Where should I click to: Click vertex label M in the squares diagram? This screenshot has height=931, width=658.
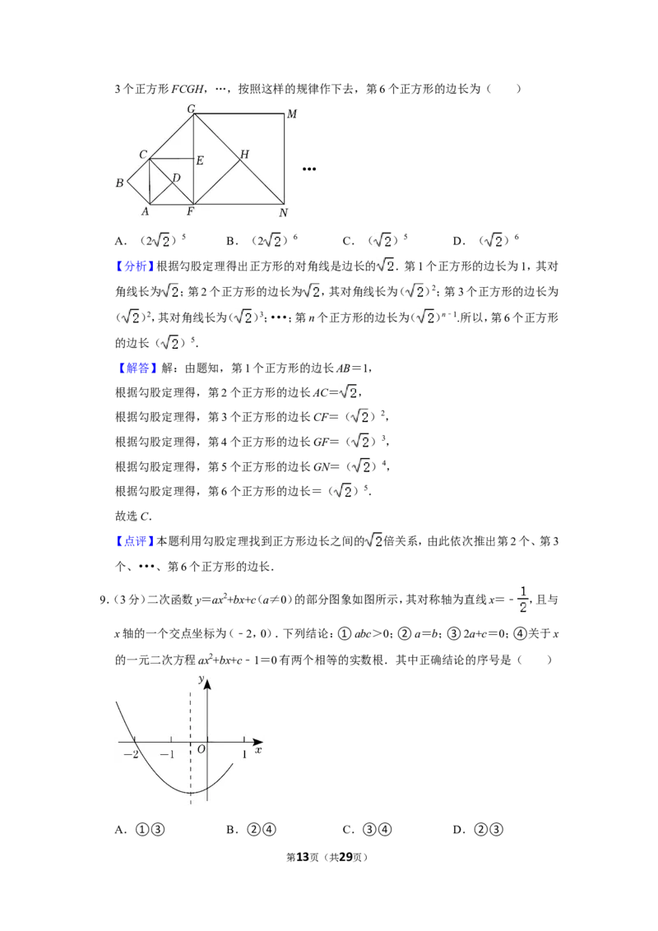292,113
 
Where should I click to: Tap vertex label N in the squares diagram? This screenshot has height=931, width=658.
283,212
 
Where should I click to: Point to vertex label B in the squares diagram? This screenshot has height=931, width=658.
119,183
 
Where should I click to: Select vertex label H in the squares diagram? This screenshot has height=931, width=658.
244,155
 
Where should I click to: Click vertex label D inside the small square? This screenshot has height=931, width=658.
176,178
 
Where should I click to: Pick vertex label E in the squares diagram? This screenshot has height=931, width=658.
200,160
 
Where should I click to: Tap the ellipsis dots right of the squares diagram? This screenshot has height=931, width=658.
308,169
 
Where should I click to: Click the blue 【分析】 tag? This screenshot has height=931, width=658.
136,266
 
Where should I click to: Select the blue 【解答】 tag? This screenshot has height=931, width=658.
136,368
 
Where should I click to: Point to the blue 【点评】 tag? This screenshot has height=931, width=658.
136,541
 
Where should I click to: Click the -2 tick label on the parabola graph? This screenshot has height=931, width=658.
131,755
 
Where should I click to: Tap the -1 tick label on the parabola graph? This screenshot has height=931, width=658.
168,755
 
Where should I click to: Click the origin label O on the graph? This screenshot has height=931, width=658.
202,749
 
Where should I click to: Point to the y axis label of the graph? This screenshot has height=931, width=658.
202,679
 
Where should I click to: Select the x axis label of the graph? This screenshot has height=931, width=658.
258,751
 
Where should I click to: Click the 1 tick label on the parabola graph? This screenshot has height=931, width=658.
244,755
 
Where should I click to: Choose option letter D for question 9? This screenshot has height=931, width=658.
458,830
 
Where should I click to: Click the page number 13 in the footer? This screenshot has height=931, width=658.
303,857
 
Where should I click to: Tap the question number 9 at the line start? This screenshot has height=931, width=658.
103,600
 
